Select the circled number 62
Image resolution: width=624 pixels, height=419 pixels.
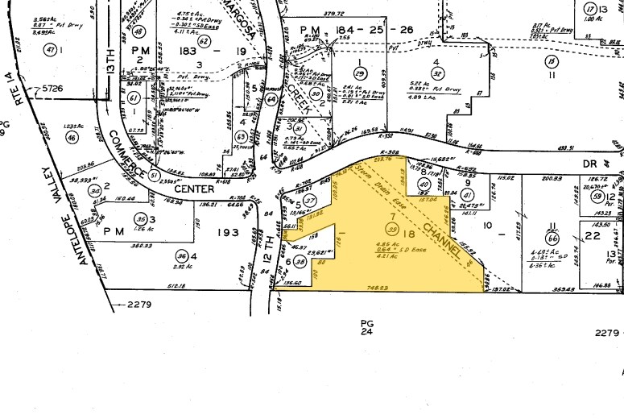coord(204,41)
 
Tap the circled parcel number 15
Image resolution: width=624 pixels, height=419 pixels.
coord(551,61)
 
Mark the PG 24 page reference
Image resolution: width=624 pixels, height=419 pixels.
coord(367,326)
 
